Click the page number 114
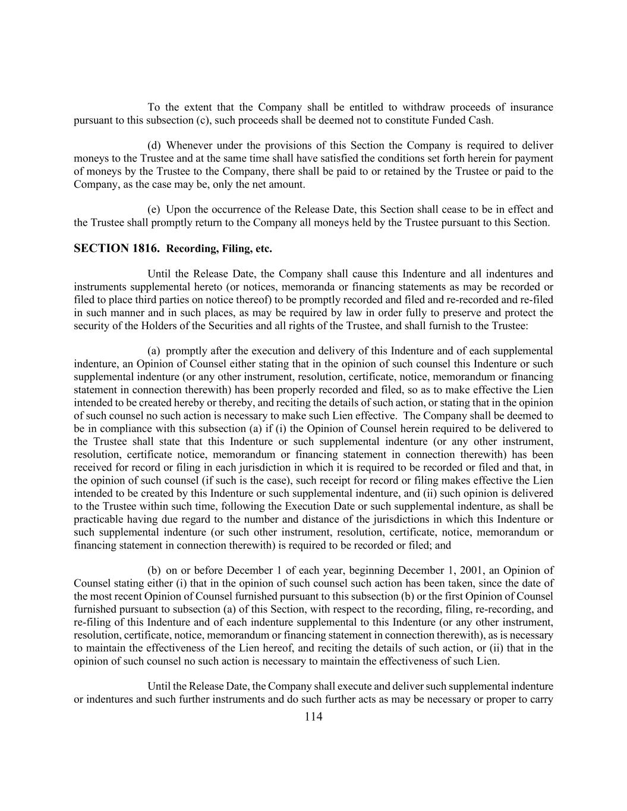click(313, 717)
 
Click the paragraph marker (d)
click(154, 146)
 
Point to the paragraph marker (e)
click(154, 210)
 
